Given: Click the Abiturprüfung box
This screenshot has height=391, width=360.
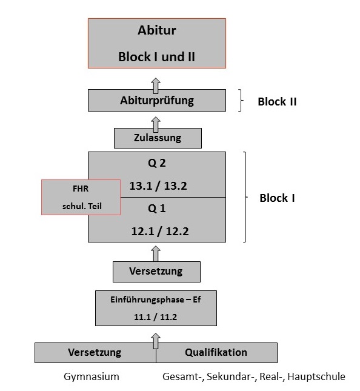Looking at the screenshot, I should pos(156,101).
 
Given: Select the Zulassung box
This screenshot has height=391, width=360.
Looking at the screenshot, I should pos(157,138).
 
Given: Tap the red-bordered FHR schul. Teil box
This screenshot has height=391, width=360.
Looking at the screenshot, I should pos(80,197).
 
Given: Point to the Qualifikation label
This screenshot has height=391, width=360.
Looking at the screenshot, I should pos(216,352).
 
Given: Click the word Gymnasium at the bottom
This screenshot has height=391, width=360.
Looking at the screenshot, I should pos(92,376).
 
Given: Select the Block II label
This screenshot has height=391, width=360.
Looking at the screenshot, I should pos(277,102).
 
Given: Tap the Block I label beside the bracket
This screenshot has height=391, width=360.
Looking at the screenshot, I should pos(277,198).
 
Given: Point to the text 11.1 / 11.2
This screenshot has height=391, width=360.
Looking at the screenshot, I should pos(156,316).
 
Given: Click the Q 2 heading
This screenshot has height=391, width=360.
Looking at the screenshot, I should pos(157,163).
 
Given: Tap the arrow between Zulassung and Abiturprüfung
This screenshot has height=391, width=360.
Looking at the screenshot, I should pos(156,123).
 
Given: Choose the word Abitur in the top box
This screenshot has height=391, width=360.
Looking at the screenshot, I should pos(157,31).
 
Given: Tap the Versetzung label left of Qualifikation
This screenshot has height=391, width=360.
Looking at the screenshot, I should pos(95,352).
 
